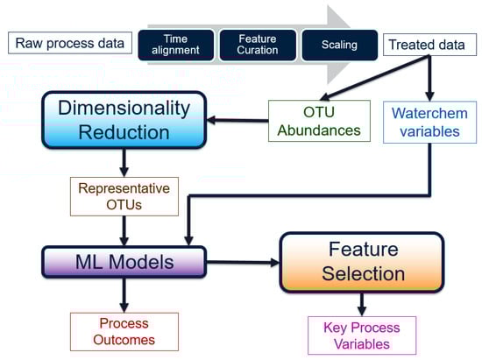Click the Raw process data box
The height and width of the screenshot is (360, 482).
70,43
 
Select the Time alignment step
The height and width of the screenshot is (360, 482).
176,45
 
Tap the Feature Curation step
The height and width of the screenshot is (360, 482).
258,45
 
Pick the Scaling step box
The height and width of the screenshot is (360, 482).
339,45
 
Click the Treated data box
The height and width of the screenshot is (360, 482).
429,45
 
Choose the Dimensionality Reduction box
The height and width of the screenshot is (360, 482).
124,120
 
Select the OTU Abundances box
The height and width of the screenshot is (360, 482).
319,121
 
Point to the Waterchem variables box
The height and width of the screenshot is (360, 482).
429,123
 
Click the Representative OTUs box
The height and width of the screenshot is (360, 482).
124,196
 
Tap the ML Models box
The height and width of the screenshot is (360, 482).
124,262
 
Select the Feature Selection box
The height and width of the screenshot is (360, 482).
362,262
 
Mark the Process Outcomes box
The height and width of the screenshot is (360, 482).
124,332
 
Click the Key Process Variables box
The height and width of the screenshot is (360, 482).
362,335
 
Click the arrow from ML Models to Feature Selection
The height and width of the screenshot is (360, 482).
243,262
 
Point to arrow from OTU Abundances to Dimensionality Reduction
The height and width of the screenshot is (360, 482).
237,120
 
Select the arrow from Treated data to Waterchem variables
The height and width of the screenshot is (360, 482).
429,78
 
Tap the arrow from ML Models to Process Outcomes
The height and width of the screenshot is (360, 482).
124,295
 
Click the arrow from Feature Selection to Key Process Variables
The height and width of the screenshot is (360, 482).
362,304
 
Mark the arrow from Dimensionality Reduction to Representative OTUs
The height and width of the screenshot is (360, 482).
124,163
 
